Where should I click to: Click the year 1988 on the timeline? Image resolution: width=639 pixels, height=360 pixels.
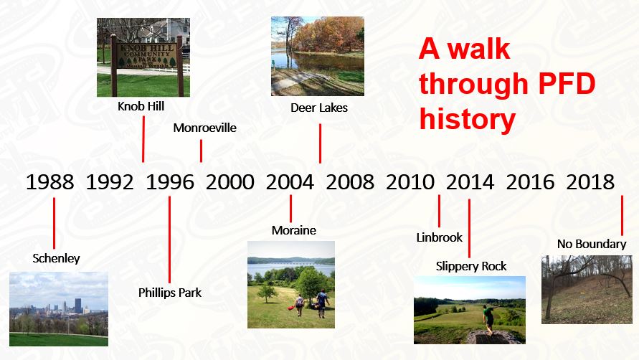pos(49,182)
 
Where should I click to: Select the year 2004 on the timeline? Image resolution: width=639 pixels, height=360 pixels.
pos(290,182)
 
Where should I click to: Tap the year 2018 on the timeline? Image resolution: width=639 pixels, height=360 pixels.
pos(590,182)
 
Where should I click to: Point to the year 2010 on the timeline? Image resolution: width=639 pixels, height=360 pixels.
pos(410,182)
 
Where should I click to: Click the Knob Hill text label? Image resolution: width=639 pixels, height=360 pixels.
pos(141,106)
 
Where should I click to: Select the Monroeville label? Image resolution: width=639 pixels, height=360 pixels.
pos(204,128)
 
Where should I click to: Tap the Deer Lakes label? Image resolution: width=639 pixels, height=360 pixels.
pos(319,108)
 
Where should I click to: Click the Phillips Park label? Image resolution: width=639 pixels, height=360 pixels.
pos(170,293)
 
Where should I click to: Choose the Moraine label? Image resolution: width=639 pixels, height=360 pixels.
pos(294,230)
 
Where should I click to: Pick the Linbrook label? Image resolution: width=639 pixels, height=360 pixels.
pos(440,237)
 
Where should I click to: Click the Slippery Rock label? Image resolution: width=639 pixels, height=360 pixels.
pos(471,266)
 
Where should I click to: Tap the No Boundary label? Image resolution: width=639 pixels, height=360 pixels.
pos(592,244)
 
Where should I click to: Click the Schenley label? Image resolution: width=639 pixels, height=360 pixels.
pos(57,258)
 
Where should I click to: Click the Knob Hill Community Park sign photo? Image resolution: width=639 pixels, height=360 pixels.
pos(143,57)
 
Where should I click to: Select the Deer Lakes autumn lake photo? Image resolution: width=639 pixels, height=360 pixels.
pos(318,56)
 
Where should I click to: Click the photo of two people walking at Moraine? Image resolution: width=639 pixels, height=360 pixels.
pos(291,284)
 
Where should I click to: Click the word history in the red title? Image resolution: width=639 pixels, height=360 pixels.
pos(467,119)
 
